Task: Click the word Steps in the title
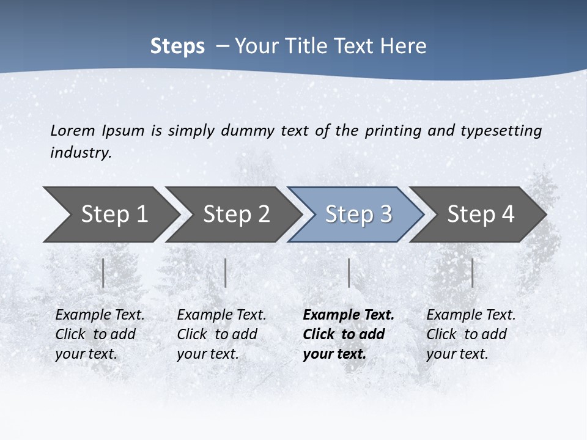click(177, 46)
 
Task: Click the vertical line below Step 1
click(103, 273)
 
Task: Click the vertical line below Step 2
click(226, 273)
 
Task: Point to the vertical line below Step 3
click(349, 273)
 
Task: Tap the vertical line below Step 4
click(472, 273)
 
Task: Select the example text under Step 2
click(221, 334)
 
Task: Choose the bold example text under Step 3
click(348, 334)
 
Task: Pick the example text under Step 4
click(470, 334)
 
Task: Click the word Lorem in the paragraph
click(72, 131)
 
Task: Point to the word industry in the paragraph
click(80, 153)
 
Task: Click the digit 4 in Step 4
click(508, 215)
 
